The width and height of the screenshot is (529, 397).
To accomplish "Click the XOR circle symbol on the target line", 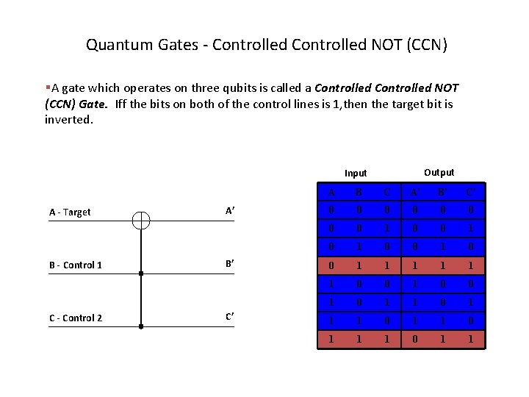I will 141,221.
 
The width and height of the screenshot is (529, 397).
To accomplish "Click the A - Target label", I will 70,212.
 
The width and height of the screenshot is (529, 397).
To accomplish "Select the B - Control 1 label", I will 75,265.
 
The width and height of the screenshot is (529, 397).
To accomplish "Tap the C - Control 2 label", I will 75,318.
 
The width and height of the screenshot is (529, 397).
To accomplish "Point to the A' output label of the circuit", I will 230,211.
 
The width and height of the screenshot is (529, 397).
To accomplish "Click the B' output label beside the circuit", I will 230,264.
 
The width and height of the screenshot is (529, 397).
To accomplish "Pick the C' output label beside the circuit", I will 230,317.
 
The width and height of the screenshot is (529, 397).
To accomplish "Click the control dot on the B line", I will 141,273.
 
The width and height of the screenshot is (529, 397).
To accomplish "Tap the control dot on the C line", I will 141,326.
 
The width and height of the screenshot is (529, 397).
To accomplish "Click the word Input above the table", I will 356,174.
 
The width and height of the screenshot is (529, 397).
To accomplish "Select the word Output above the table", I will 439,172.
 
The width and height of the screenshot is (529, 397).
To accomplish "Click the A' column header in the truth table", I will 417,193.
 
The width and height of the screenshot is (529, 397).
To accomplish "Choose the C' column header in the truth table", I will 471,193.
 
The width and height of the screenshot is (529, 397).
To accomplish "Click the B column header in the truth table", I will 359,193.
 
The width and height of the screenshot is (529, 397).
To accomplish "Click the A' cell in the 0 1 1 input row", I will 417,265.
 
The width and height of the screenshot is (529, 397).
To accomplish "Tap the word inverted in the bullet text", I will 69,118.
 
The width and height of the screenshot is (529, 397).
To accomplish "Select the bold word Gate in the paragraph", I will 93,104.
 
